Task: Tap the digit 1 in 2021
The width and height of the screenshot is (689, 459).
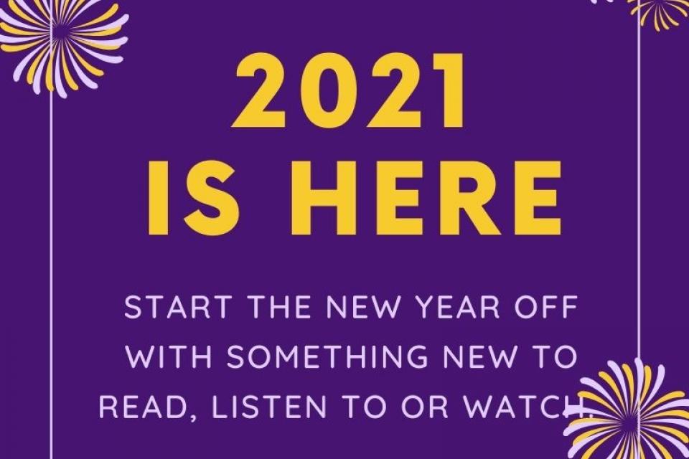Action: (447, 90)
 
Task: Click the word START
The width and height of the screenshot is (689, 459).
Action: (178, 307)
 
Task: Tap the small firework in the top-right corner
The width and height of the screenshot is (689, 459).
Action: (659, 9)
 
